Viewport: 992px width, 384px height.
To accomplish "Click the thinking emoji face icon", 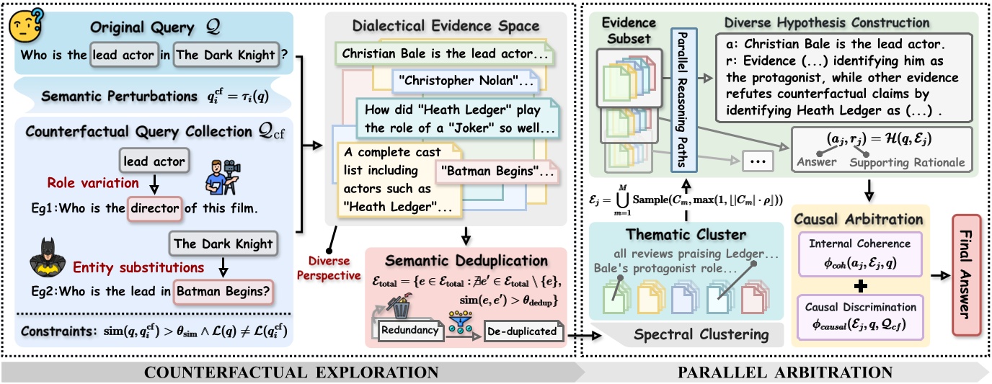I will [x=25, y=28].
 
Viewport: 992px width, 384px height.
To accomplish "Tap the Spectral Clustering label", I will [x=691, y=334].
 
